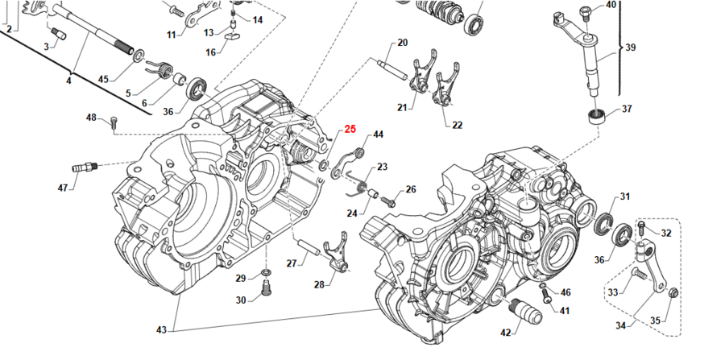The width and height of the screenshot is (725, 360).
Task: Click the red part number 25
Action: (x=350, y=129)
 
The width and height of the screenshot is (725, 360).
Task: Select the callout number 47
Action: (x=63, y=188)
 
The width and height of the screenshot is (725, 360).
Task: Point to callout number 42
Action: (x=505, y=332)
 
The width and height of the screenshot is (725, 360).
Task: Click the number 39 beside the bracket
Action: (x=630, y=48)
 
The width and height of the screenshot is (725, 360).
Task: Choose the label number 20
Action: (x=402, y=43)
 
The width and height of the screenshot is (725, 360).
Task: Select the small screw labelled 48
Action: (x=114, y=122)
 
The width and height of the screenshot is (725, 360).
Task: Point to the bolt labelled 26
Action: (x=388, y=197)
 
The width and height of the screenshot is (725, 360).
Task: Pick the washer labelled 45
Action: (x=139, y=56)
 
